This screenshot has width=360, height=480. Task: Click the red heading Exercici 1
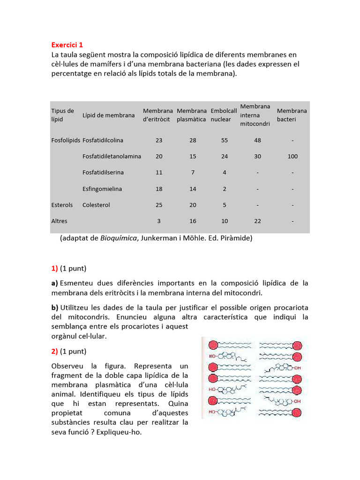(x=67, y=45)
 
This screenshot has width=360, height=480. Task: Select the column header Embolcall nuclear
(x=224, y=115)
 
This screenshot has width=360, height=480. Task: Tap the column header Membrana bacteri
(x=292, y=115)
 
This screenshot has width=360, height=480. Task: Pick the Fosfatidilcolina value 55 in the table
(x=225, y=140)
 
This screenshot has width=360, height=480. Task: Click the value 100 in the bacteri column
(x=292, y=157)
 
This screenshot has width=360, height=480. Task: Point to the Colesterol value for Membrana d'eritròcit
(x=159, y=205)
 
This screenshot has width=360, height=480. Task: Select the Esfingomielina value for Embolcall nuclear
(x=225, y=189)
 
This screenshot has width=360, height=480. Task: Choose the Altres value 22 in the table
(x=257, y=221)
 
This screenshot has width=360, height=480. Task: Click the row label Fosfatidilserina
(x=103, y=172)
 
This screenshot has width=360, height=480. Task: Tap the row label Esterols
(x=62, y=205)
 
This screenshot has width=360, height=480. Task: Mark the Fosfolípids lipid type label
(x=66, y=140)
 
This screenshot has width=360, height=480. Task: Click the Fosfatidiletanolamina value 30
(x=257, y=157)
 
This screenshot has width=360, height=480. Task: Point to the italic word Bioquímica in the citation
(x=117, y=238)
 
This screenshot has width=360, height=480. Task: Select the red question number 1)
(x=54, y=269)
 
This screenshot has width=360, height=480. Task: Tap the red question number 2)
(x=54, y=351)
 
